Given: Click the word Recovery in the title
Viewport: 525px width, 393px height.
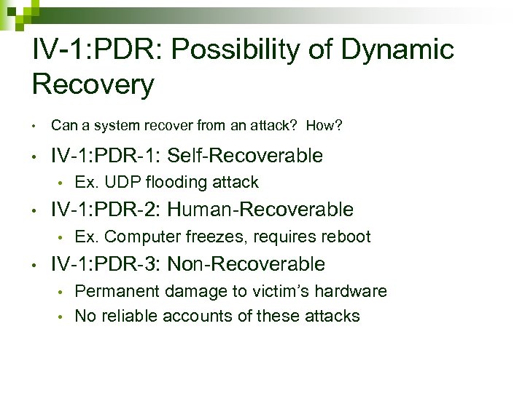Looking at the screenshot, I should pos(93,84).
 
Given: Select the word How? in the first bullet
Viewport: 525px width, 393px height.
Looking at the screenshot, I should pos(324,126).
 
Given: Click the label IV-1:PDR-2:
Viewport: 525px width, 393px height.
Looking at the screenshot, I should pos(106,210).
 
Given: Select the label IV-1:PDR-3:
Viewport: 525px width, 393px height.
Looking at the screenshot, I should pos(106,263).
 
